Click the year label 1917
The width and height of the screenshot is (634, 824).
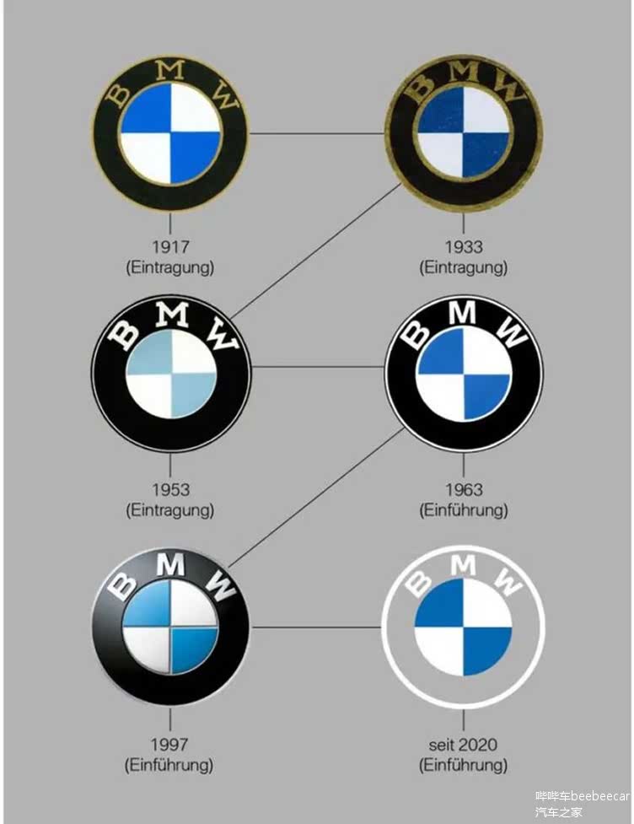coord(170,246)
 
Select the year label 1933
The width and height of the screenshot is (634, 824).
coord(464,246)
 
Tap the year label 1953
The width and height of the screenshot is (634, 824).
coord(170,489)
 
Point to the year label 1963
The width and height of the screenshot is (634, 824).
coord(464,489)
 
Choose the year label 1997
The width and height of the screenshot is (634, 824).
coord(169,744)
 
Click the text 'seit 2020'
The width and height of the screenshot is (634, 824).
coord(463,744)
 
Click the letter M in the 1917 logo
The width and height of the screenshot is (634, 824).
coord(170,70)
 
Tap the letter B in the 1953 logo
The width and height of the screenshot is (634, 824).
coord(125,335)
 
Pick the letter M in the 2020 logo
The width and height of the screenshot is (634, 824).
coord(463,565)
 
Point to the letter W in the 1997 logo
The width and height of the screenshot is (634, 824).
coord(221,586)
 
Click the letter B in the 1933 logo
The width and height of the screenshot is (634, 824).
coord(422,86)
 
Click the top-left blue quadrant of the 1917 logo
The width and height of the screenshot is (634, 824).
coord(146,110)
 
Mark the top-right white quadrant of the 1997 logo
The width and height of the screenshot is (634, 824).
coord(193,603)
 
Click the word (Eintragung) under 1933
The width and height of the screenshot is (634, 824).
coord(464,267)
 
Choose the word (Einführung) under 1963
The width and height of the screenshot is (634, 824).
coord(464,510)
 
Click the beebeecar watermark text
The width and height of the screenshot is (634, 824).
coord(600,796)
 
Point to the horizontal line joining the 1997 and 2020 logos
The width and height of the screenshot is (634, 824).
coord(316,627)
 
